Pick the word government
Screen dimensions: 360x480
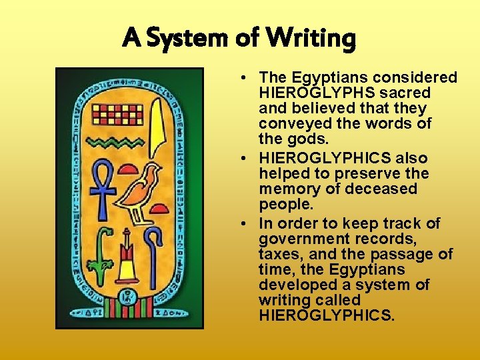(299, 239)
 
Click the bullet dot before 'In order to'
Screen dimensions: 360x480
(246, 223)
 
